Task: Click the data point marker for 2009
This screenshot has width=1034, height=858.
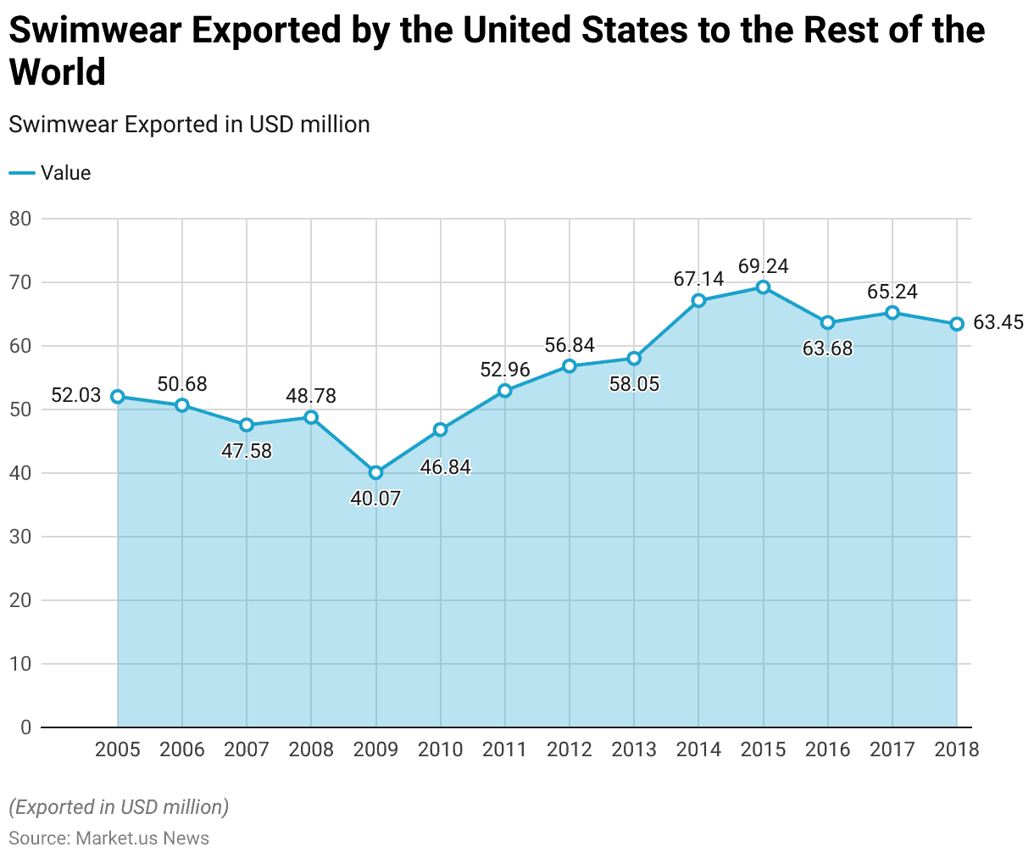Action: (375, 472)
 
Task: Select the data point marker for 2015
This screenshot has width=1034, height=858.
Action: (763, 287)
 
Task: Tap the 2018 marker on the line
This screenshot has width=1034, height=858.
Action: (957, 324)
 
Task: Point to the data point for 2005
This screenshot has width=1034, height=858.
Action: (117, 396)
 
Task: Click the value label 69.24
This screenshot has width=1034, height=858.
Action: (763, 266)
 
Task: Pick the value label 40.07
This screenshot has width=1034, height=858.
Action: (375, 499)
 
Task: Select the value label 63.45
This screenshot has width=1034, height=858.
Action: (998, 322)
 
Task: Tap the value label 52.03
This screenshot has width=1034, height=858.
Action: (76, 395)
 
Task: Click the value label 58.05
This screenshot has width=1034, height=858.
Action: (634, 384)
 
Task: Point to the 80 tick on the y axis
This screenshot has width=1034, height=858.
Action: (20, 219)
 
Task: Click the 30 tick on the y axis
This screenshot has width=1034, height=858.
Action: (20, 537)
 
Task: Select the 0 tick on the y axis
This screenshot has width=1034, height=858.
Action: (25, 727)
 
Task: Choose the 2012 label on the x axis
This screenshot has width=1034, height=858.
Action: (570, 749)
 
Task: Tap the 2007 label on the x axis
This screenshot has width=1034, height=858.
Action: (247, 749)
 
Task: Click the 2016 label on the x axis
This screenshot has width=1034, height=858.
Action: (828, 749)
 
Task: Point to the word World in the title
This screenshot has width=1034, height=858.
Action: (58, 72)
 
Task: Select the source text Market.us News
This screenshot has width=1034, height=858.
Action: (142, 838)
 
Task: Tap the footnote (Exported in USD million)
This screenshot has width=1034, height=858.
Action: (119, 806)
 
